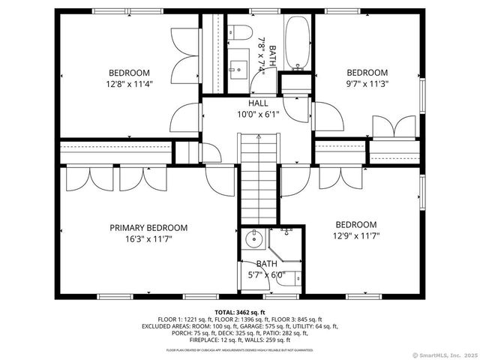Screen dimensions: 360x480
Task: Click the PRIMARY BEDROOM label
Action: [x=148, y=227]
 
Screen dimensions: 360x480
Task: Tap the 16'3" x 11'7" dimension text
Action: [x=148, y=240]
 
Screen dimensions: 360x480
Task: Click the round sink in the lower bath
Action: [x=252, y=240]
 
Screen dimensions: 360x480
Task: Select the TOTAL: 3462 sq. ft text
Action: [x=240, y=310]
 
